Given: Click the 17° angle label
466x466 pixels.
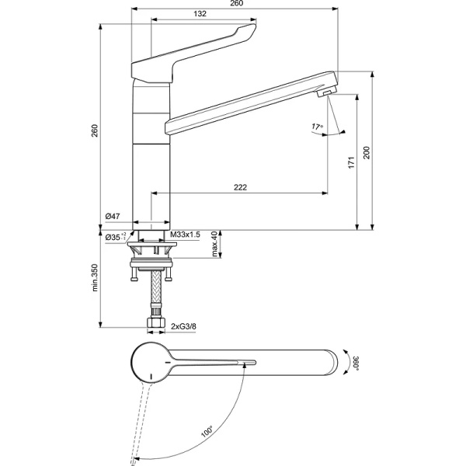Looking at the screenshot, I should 317,126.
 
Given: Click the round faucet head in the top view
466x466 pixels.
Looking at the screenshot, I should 150,363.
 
